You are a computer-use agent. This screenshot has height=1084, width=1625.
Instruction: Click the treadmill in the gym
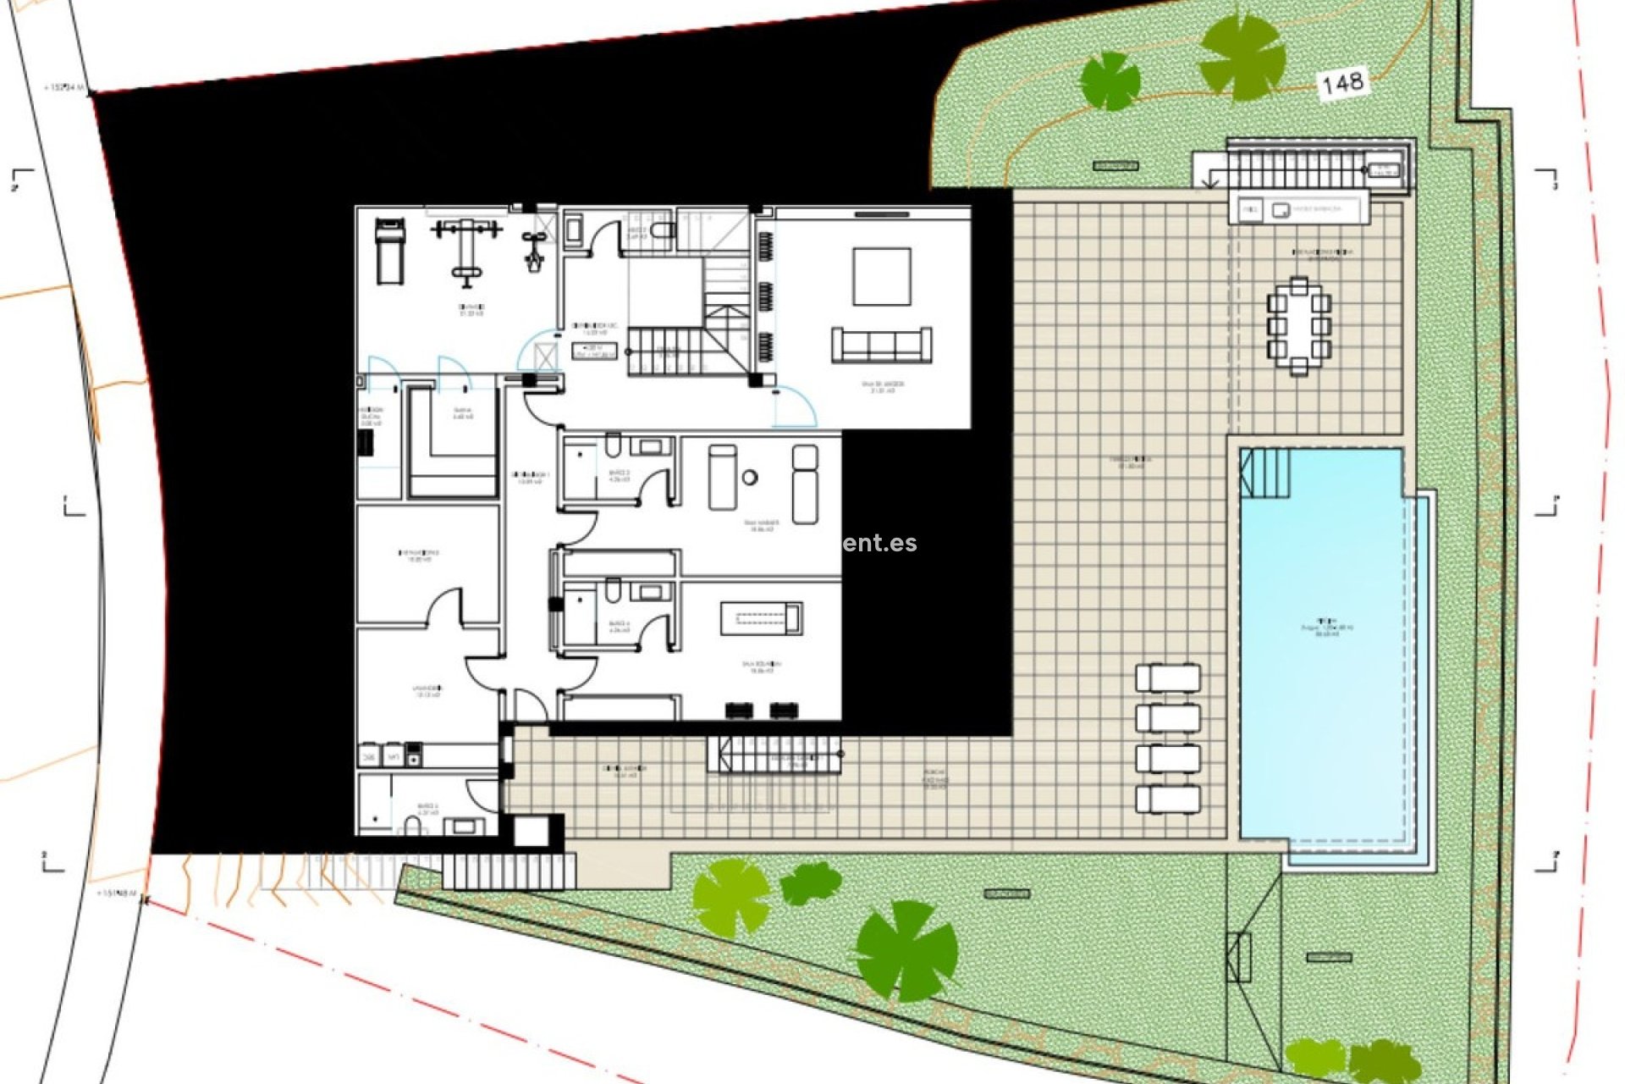pyautogui.click(x=389, y=251)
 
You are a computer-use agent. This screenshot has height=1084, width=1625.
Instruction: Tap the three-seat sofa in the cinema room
pyautogui.click(x=882, y=345)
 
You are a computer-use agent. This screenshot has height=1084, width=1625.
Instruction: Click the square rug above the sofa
pyautogui.click(x=882, y=276)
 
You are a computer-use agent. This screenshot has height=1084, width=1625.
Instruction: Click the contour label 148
pyautogui.click(x=1342, y=83)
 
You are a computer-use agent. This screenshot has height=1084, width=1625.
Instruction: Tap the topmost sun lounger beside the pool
pyautogui.click(x=1168, y=678)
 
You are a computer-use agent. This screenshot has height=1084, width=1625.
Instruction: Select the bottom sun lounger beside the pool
pyautogui.click(x=1168, y=799)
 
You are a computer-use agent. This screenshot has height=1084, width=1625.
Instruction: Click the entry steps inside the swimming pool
pyautogui.click(x=1265, y=473)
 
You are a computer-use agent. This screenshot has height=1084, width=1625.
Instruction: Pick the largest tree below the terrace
pyautogui.click(x=906, y=951)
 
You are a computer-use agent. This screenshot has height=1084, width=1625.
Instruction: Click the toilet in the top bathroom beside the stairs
pyautogui.click(x=663, y=230)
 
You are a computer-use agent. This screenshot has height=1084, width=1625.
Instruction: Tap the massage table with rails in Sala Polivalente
pyautogui.click(x=761, y=617)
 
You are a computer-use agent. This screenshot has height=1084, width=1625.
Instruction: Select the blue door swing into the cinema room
pyautogui.click(x=796, y=406)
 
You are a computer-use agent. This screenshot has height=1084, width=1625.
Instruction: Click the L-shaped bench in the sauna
pyautogui.click(x=449, y=449)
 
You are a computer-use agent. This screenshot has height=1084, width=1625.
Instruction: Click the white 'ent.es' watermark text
pyautogui.click(x=879, y=543)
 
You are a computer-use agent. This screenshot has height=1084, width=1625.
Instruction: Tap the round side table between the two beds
pyautogui.click(x=750, y=478)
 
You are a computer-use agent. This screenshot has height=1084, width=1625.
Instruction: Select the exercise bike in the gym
pyautogui.click(x=533, y=251)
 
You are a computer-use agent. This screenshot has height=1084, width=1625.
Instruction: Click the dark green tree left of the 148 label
pyautogui.click(x=1110, y=81)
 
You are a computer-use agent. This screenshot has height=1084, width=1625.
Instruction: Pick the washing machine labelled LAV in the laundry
pyautogui.click(x=392, y=755)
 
